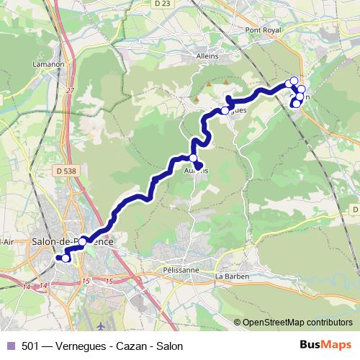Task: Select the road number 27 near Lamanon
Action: tap(71, 90)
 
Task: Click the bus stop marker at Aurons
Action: tap(193, 158)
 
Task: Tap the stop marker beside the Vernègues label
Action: tap(225, 110)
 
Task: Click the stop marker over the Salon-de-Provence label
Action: tap(84, 241)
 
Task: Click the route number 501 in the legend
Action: tap(30, 346)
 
